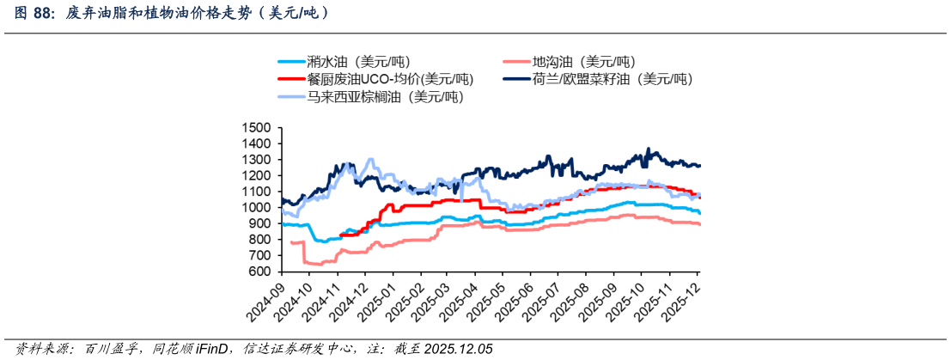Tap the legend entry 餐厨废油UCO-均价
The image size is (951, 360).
(x=375, y=78)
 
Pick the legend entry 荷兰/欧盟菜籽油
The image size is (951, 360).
(x=598, y=78)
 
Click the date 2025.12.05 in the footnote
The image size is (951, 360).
(x=458, y=349)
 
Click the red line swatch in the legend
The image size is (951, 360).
(x=291, y=79)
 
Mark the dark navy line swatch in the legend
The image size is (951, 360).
(x=517, y=79)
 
